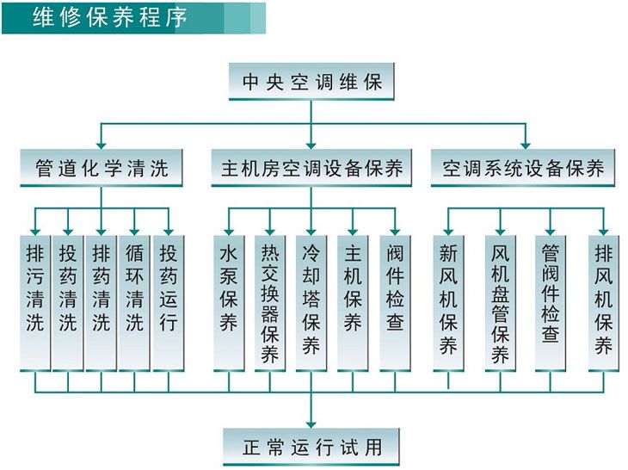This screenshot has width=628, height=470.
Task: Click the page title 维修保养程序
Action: coord(110,18)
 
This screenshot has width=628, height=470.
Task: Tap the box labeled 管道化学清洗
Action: coord(102,168)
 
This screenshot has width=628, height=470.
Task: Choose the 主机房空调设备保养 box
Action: coord(311,168)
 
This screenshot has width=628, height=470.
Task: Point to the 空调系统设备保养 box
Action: coord(523,168)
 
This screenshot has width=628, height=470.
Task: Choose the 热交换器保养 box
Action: coord(270,301)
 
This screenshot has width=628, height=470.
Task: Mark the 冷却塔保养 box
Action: coord(311,301)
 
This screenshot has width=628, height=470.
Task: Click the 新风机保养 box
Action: coord(448,301)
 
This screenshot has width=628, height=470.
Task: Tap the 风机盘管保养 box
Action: coord(500,301)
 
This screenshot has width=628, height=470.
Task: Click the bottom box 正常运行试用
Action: coord(311,447)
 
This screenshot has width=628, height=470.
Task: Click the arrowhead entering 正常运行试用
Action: coord(311,422)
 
